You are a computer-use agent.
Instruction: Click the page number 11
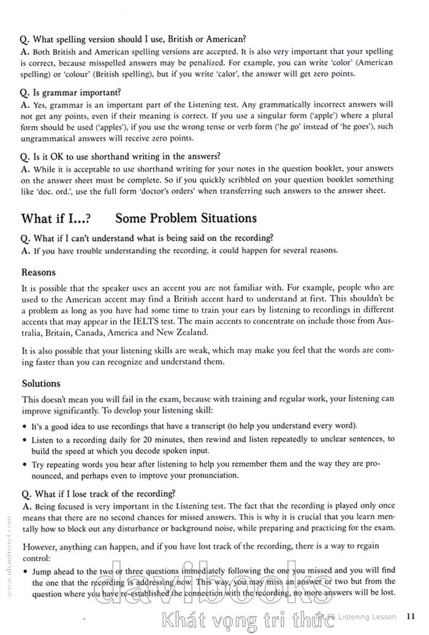[411, 616]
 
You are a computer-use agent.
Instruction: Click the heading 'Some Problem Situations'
[186, 218]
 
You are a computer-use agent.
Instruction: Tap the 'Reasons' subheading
[38, 272]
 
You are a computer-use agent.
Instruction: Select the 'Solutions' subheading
[41, 384]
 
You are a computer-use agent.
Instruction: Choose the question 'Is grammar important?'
[70, 93]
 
